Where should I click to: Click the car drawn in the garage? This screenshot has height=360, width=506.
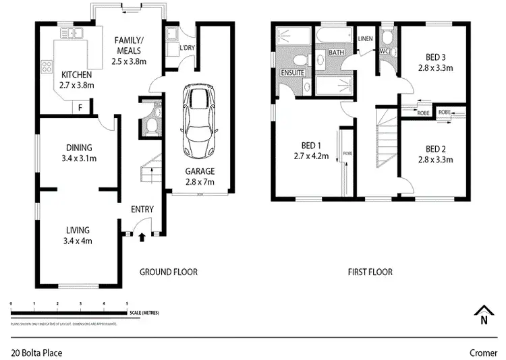pos(199,121)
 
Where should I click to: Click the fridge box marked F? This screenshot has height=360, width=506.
pos(81,107)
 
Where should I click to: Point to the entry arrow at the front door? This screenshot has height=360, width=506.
pos(142,236)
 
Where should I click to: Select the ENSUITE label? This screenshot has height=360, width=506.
pos(293,72)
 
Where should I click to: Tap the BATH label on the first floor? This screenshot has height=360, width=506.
pos(335,52)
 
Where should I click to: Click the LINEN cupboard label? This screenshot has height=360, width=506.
pos(366,38)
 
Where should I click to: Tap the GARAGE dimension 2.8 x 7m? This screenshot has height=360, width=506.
pos(200,182)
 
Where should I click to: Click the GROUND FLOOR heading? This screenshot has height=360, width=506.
pos(168,272)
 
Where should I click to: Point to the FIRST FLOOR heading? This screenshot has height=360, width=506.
pos(370,272)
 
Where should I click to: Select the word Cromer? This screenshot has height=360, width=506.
pos(483,352)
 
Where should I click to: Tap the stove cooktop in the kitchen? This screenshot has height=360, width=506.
pos(48,67)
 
